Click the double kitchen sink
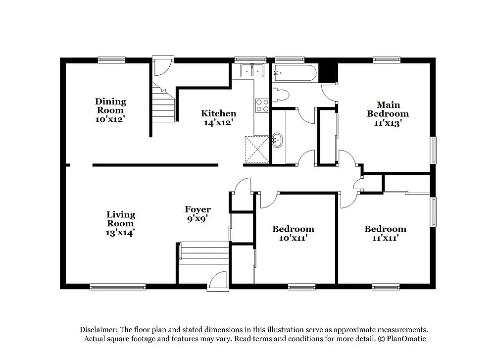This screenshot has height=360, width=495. click(252, 71)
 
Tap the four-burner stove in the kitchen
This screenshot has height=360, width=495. click(262, 105)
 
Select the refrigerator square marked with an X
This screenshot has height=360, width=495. click(257, 149)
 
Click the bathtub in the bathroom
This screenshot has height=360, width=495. click(295, 73)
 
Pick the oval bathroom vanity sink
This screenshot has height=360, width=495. click(277, 140)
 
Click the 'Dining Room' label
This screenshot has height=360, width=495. click(111, 105)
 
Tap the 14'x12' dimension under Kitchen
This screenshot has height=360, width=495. click(218, 122)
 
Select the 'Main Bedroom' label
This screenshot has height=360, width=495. click(388, 109)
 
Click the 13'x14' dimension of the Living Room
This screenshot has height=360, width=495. click(121, 231)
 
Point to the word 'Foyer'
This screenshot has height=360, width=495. click(198, 209)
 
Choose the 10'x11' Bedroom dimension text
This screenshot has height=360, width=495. click(293, 238)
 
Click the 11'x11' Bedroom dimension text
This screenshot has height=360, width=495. click(385, 238)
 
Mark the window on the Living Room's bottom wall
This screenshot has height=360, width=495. click(118, 286)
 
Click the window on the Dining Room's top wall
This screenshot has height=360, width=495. click(111, 60)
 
